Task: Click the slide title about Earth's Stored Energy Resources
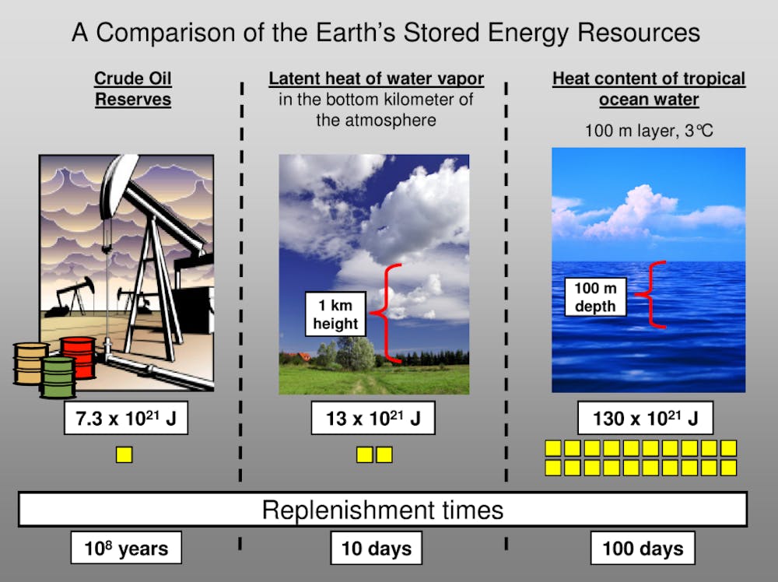[386, 33]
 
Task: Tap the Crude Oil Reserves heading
[133, 89]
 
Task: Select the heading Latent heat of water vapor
[376, 79]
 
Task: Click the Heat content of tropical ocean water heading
[649, 89]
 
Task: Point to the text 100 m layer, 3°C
[649, 131]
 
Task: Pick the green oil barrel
[58, 377]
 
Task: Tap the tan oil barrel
[29, 363]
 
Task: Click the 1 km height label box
[335, 314]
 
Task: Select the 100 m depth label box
[595, 296]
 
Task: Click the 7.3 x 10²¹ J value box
[126, 418]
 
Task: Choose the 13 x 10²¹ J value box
[373, 418]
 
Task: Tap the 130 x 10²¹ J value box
[646, 418]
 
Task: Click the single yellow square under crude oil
[124, 454]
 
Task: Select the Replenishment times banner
[383, 510]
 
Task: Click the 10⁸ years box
[126, 548]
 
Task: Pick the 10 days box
[376, 548]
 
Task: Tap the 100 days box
[643, 548]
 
